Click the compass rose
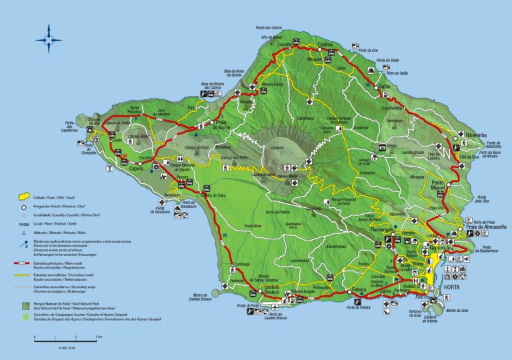pos(49,38)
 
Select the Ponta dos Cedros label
pos(269,27)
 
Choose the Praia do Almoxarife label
pos(485,228)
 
